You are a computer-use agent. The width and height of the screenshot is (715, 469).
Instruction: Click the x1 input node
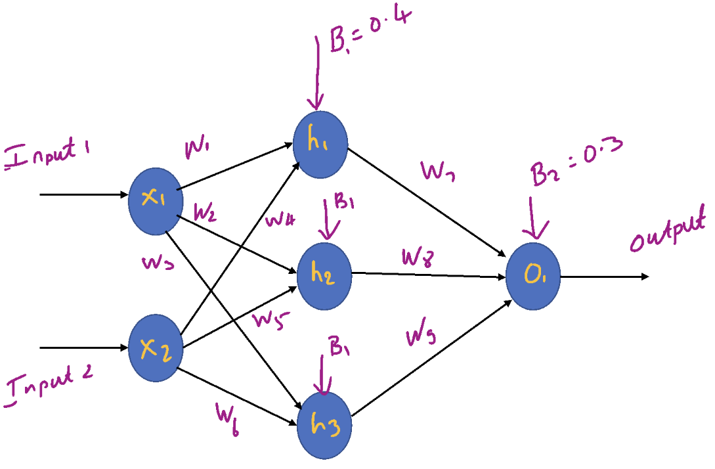pos(155,201)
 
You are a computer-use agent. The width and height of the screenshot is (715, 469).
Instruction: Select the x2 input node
pos(155,349)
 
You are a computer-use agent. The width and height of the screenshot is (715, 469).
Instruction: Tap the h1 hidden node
pos(320,145)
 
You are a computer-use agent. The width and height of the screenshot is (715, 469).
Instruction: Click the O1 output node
pos(533,277)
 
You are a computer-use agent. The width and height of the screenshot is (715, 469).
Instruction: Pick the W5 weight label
pos(269,321)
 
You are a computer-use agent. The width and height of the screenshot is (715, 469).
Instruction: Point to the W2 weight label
pos(206,213)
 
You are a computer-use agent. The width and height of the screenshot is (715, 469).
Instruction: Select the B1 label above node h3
pos(339,352)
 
